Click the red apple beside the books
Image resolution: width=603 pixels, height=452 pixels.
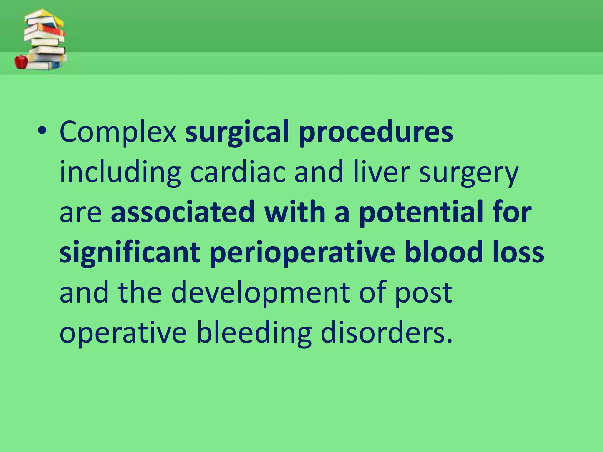21,61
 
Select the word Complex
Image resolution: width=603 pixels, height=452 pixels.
118,132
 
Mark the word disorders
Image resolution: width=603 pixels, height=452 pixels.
386,333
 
